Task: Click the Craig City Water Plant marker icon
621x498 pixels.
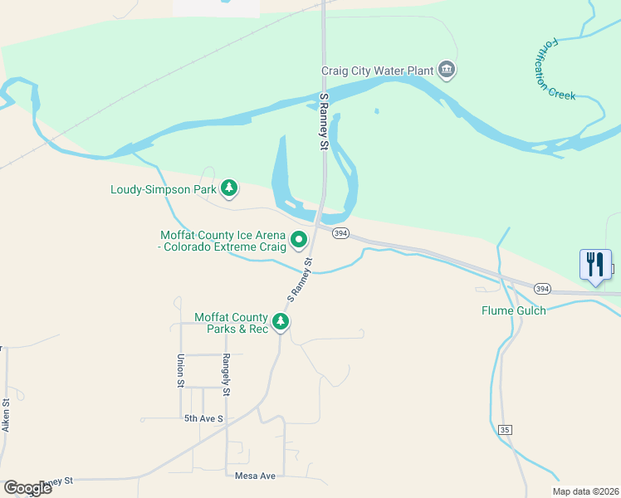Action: coord(447,69)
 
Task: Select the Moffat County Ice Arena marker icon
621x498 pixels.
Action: coord(299,242)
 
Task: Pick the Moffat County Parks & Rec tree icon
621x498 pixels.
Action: coord(281,321)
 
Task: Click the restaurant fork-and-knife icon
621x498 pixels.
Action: coord(594,265)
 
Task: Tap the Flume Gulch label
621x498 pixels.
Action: coord(514,311)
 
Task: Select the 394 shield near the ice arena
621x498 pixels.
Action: coord(340,234)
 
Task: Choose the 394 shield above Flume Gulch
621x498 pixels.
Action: coord(541,289)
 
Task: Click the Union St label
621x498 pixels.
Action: coord(180,370)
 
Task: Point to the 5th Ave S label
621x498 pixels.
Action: coord(204,419)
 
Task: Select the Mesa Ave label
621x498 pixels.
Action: coord(254,476)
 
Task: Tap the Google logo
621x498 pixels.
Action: coord(27,487)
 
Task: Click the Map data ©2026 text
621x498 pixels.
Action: coord(585,491)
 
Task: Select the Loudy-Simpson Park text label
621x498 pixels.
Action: coord(164,189)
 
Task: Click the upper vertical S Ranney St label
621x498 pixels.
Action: coord(324,121)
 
